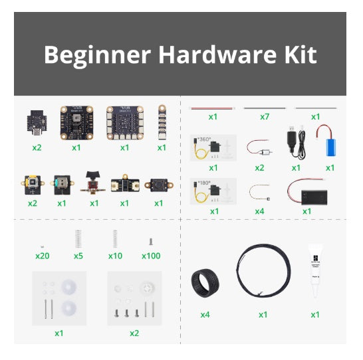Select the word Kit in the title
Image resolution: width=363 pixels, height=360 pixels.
pyautogui.click(x=299, y=55)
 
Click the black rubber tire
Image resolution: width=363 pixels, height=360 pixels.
pyautogui.click(x=205, y=282)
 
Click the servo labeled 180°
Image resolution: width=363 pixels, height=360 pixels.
pyautogui.click(x=213, y=191)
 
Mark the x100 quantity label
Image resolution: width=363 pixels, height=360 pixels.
pyautogui.click(x=152, y=256)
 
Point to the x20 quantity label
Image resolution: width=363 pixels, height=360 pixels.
pyautogui.click(x=43, y=256)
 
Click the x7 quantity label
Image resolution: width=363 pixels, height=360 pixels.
pyautogui.click(x=264, y=117)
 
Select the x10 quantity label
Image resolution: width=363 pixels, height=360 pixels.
pyautogui.click(x=116, y=256)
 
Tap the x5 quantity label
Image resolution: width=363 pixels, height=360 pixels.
pyautogui.click(x=78, y=256)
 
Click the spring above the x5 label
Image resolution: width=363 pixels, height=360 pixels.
pyautogui.click(x=78, y=238)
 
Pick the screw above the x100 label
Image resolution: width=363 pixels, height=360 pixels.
pyautogui.click(x=152, y=242)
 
